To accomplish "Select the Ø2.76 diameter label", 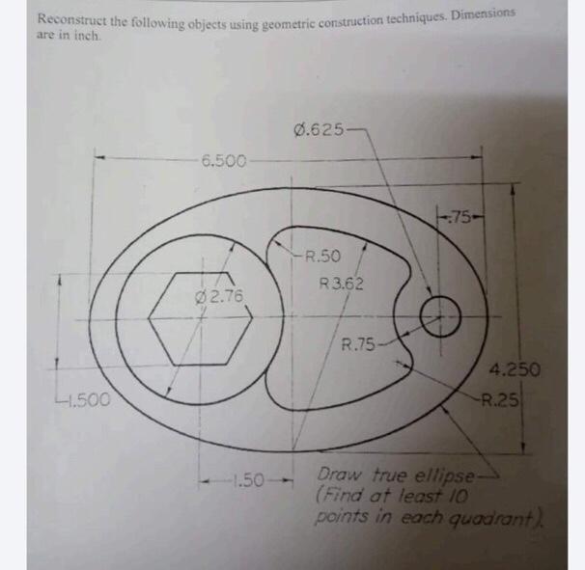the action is [221, 294].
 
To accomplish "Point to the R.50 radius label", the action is [321, 257].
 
